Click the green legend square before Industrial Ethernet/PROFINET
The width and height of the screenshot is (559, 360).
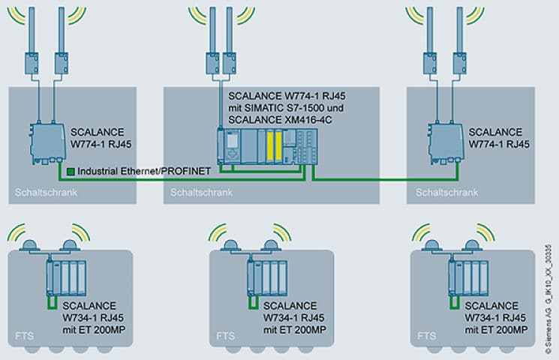coord(71,171)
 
